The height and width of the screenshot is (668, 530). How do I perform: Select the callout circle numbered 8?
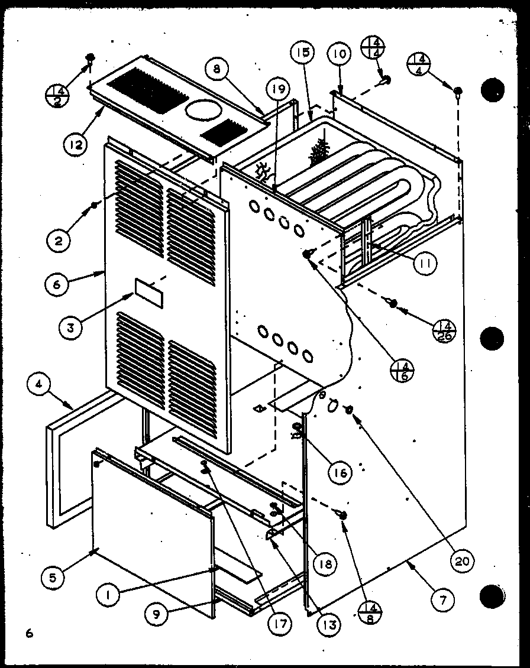pos(217,69)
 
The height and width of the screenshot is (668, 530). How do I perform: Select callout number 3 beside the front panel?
pos(70,328)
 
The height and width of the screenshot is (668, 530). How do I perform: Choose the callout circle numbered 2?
pos(59,241)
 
